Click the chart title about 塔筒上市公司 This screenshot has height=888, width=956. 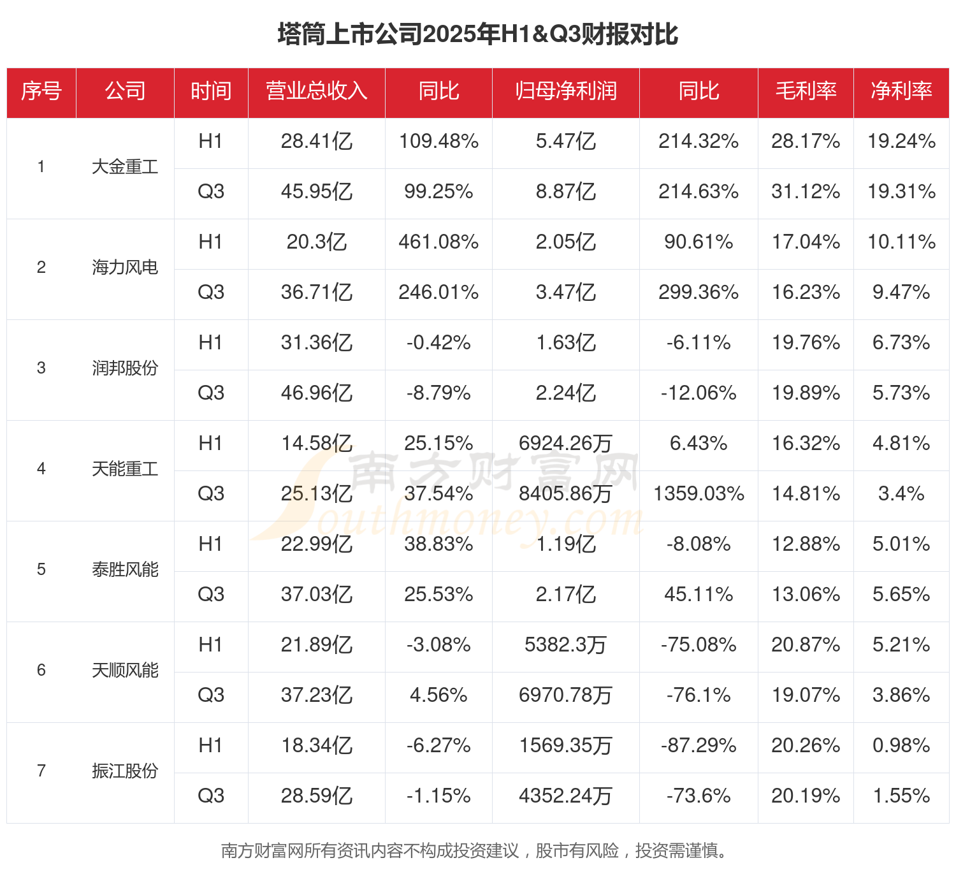(x=477, y=34)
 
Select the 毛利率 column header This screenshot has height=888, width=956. (x=806, y=91)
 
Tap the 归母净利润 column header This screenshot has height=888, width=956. (x=566, y=91)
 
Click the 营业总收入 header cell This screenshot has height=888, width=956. (x=317, y=91)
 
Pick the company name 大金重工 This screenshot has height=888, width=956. (x=125, y=167)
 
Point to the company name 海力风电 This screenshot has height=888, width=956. (x=125, y=268)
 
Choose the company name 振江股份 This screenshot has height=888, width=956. (x=125, y=771)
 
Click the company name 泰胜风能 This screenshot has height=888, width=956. (x=125, y=570)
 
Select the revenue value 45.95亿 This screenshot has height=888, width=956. (x=317, y=192)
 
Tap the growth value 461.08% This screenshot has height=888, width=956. (x=438, y=242)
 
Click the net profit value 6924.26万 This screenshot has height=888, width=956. (x=566, y=444)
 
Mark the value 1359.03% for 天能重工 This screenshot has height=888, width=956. (x=699, y=494)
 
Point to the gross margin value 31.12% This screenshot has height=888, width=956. (x=806, y=192)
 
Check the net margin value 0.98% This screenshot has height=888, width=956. (x=901, y=746)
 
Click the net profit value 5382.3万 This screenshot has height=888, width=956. (x=566, y=645)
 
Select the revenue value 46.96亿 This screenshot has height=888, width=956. (x=317, y=393)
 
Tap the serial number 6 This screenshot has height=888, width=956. (x=41, y=671)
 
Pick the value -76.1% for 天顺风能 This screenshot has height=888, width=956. (x=699, y=695)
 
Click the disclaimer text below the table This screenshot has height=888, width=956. (x=475, y=851)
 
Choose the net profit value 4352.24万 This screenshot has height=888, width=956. (x=566, y=796)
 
